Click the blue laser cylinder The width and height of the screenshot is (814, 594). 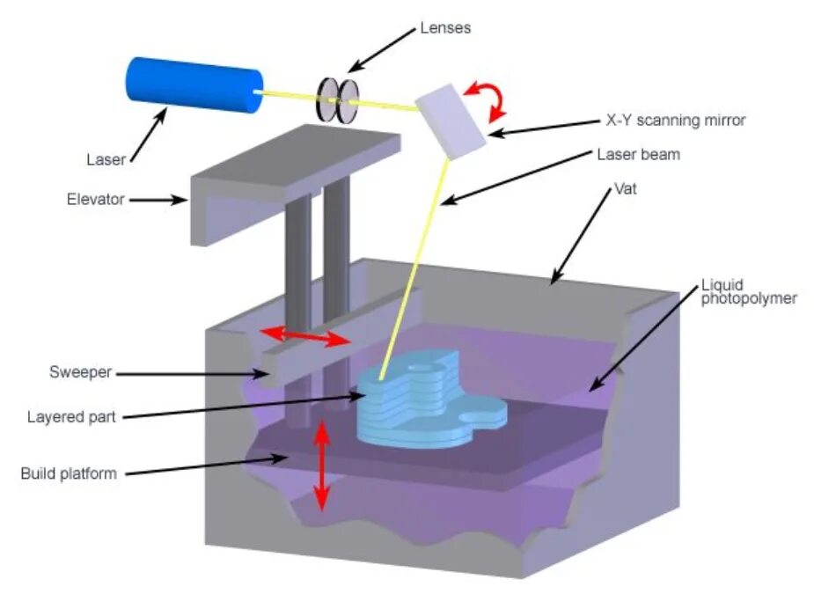tap(194, 84)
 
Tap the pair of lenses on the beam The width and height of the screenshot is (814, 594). tap(337, 99)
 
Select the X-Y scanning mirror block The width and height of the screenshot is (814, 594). tap(452, 121)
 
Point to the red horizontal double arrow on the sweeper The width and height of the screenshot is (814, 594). tap(307, 336)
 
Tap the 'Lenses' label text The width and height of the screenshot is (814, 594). tap(444, 28)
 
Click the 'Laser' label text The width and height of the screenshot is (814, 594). tap(106, 159)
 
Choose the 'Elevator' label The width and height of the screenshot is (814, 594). tap(96, 199)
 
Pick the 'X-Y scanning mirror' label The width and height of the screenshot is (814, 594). tap(677, 120)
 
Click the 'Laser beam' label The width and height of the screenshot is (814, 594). tap(638, 155)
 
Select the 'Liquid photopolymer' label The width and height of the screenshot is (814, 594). tap(748, 291)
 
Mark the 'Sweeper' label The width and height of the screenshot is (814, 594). tap(80, 371)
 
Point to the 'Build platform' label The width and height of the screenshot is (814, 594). tap(69, 473)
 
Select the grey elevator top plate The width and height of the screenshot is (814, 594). tap(290, 158)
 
